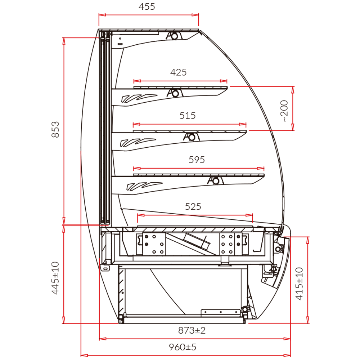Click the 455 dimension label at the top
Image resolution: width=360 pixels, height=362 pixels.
click(147, 7)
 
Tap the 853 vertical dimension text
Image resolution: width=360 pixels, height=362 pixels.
click(55, 130)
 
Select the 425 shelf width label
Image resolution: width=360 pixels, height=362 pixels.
click(179, 72)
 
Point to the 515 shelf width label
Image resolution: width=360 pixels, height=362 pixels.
click(188, 115)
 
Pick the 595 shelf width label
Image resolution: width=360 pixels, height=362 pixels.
click(197, 160)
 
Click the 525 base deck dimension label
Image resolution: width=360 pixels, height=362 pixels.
click(193, 206)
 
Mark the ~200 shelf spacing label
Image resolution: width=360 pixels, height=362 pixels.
click(284, 111)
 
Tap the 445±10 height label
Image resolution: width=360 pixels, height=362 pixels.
click(55, 278)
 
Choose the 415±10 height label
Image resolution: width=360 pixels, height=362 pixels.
click(299, 284)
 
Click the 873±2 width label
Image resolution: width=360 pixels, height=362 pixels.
click(192, 331)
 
